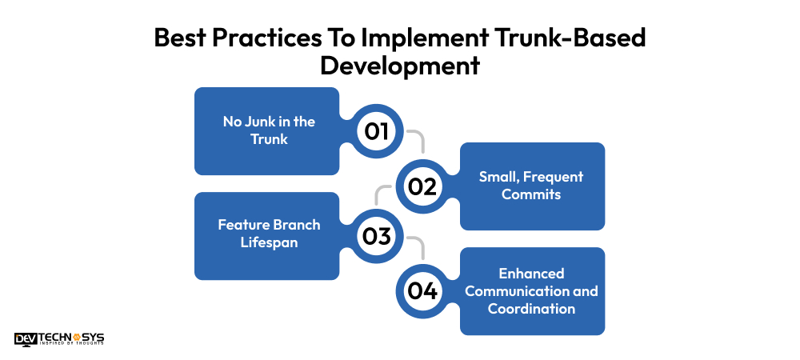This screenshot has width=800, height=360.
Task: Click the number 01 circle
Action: coord(377,131)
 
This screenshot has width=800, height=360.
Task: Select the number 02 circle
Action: coord(422,186)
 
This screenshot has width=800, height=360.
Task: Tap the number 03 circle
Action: coord(377,237)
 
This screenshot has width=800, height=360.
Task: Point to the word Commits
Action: coord(531,194)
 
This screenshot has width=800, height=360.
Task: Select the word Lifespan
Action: coord(269,242)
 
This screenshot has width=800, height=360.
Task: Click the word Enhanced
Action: coord(531,274)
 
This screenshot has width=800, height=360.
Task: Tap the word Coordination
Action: coord(531,308)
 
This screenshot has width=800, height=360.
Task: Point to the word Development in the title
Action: coord(400,65)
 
